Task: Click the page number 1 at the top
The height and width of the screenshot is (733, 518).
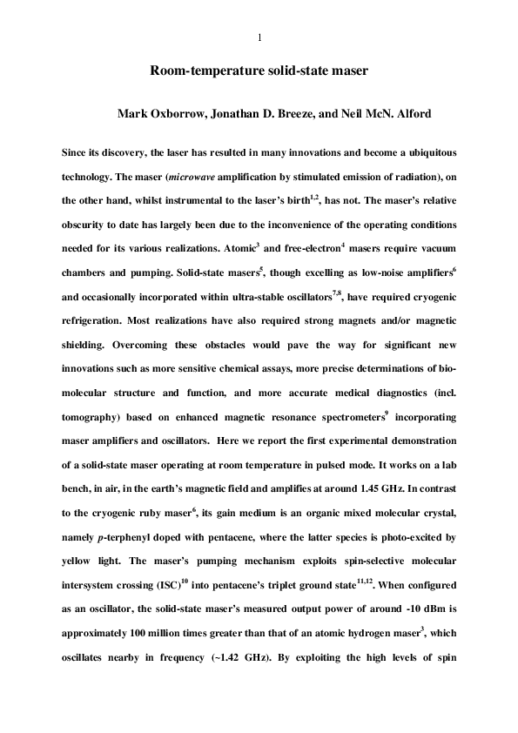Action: (259, 37)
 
